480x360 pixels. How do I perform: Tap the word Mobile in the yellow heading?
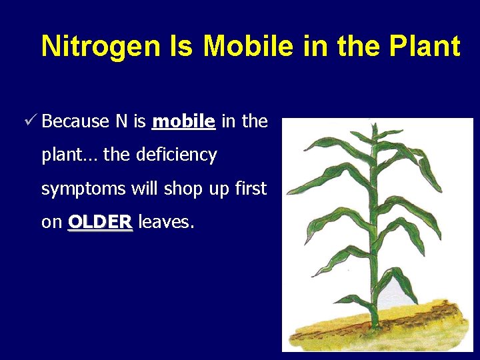248,46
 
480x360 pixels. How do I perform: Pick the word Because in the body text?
75,121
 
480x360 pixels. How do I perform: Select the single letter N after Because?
121,121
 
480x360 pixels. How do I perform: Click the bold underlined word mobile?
183,121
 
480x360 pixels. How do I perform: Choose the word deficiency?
176,155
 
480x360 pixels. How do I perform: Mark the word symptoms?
83,189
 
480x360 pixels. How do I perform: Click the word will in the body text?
144,189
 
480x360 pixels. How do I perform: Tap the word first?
251,189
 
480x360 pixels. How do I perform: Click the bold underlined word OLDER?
101,222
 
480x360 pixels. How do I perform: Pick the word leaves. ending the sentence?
166,222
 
